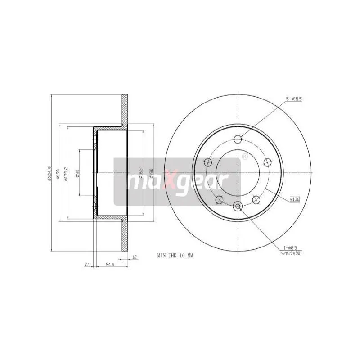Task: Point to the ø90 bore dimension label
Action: pos(78,173)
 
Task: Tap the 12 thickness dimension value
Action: pos(134,257)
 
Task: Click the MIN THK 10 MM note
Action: pos(175,255)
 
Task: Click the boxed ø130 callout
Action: pos(295,198)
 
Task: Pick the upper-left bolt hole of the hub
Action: pos(208,162)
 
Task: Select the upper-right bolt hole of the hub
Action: pos(268,162)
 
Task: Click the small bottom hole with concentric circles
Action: pos(238,206)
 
